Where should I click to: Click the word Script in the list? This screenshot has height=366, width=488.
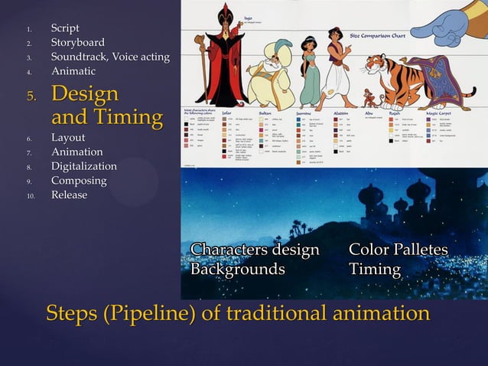pos(65,28)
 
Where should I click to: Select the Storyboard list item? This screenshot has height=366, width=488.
pos(77,42)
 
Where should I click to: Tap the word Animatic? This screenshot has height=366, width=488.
pos(73,70)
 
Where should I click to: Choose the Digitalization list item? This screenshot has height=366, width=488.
pos(84,166)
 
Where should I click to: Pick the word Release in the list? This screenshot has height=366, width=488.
pos(69,194)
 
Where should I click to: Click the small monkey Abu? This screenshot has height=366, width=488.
pos(349,96)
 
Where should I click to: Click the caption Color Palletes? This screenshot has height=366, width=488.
pos(398,250)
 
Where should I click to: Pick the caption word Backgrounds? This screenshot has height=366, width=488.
pos(237,270)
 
